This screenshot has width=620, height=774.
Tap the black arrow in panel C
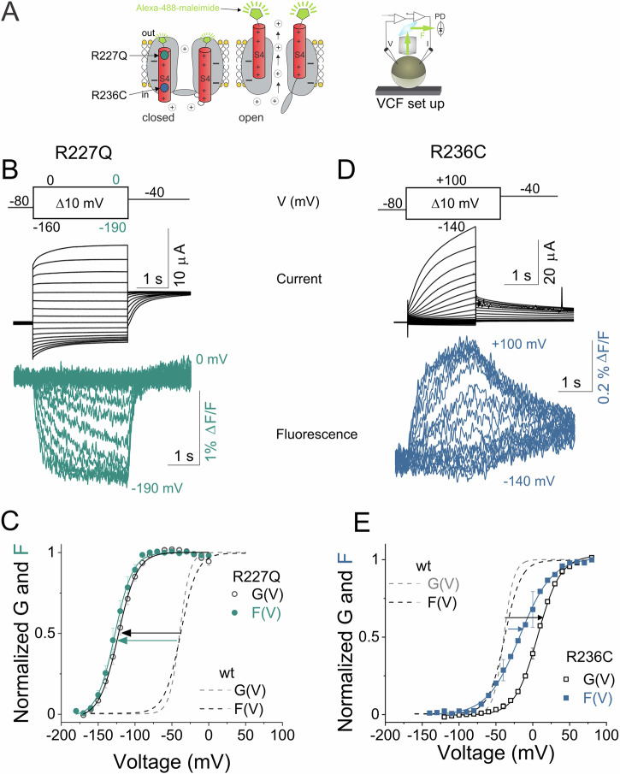coord(150,634)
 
